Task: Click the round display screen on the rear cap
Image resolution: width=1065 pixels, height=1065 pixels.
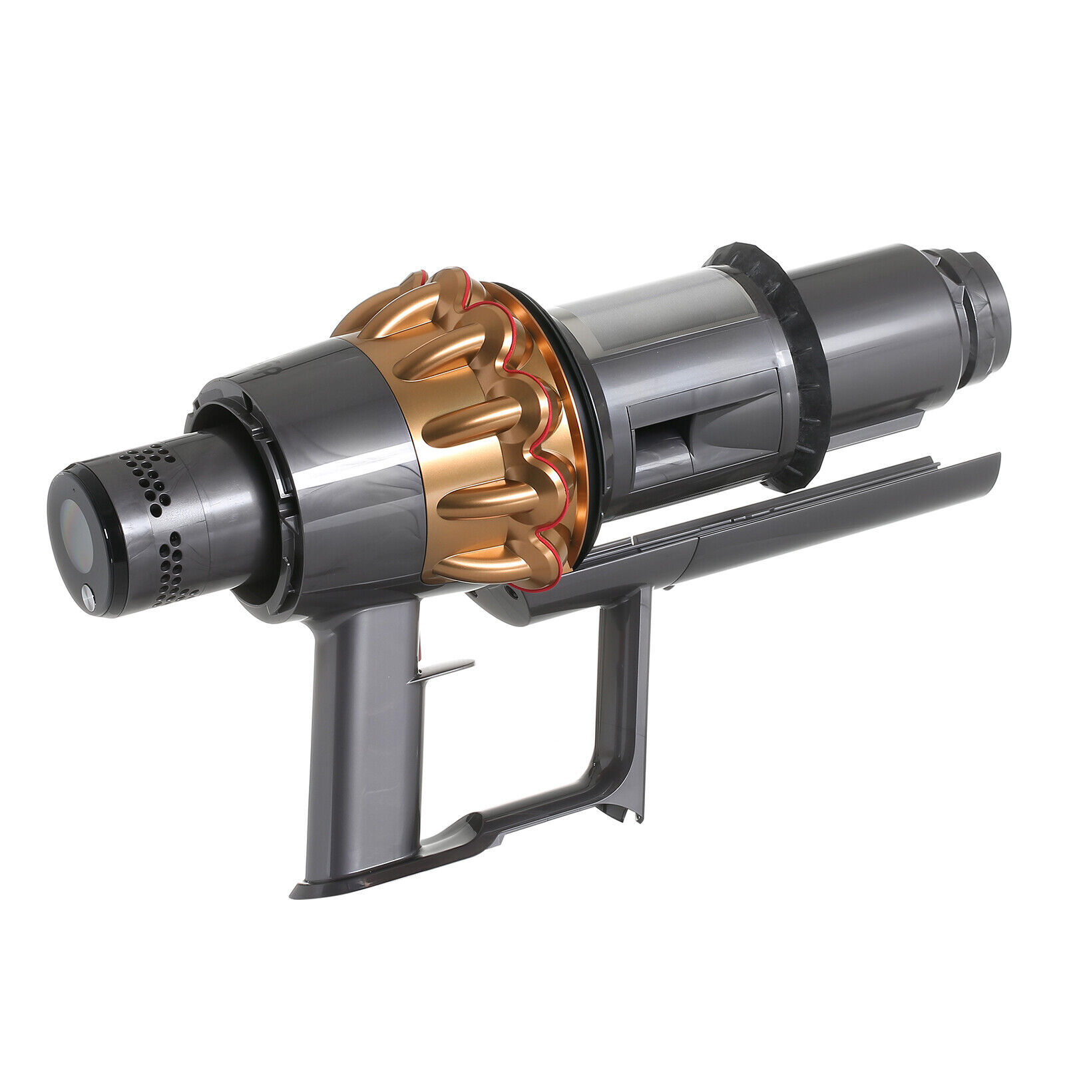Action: [x=75, y=523]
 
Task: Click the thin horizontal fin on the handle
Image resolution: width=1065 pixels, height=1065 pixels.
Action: [x=443, y=666]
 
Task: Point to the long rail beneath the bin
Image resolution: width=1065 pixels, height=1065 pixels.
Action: [x=765, y=532]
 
